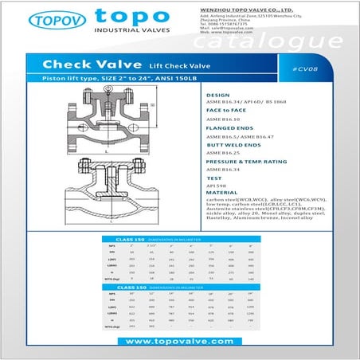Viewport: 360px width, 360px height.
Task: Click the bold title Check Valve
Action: pos(82,63)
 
